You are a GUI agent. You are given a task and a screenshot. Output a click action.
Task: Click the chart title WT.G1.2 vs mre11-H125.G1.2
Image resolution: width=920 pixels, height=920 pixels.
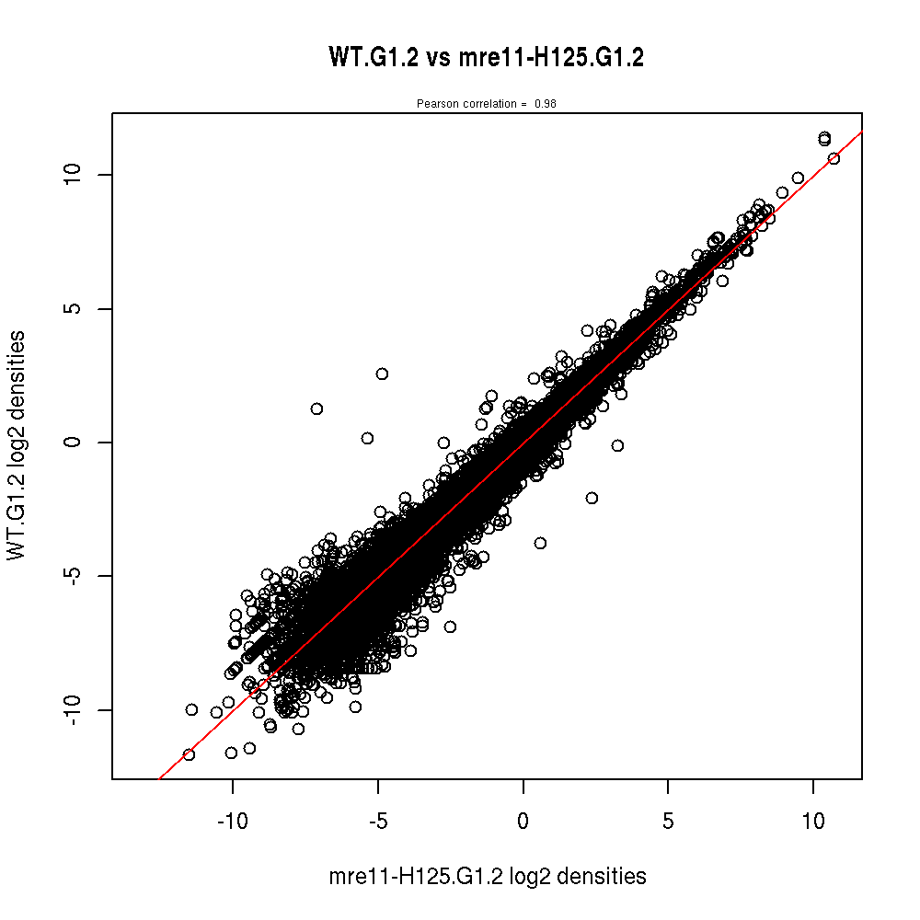[486, 57]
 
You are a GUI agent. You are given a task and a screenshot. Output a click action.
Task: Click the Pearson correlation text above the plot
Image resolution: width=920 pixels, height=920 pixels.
[486, 104]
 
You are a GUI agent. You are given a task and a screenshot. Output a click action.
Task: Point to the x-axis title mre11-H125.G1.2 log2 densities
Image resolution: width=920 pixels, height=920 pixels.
[487, 877]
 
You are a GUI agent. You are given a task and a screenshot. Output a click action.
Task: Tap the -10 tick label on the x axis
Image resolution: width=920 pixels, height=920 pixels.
[232, 821]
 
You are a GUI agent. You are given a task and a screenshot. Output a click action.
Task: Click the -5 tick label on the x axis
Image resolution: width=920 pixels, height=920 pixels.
[377, 821]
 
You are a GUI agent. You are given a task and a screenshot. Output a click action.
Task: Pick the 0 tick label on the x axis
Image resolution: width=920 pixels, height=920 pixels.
[523, 821]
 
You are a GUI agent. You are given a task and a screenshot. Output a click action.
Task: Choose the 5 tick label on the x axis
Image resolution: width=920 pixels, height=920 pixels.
[668, 821]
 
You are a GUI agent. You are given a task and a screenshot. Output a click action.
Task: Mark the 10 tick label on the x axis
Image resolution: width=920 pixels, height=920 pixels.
[813, 821]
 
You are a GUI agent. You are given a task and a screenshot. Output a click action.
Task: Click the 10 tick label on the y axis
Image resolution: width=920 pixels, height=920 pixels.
[77, 174]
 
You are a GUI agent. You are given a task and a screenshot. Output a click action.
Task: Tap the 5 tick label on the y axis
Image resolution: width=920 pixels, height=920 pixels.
[77, 308]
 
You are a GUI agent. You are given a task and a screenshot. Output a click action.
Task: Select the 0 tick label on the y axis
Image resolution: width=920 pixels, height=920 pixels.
[77, 443]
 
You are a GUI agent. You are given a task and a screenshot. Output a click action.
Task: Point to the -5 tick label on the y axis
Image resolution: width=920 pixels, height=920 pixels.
[77, 576]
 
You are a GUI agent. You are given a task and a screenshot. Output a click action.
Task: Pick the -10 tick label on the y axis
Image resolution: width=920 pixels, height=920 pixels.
[77, 709]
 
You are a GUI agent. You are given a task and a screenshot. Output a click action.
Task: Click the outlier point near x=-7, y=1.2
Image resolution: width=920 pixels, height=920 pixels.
[316, 408]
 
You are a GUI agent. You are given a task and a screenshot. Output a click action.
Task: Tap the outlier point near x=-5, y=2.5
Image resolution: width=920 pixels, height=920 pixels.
[382, 374]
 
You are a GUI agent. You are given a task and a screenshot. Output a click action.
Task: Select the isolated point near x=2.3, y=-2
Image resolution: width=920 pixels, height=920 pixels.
[592, 498]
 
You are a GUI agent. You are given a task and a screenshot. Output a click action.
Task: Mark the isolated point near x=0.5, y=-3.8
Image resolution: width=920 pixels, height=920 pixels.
[540, 543]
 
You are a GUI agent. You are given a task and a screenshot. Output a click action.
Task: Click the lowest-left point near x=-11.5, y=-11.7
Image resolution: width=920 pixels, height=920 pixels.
[189, 754]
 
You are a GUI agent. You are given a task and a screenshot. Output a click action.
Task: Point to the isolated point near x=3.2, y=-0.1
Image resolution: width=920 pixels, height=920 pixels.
[617, 445]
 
